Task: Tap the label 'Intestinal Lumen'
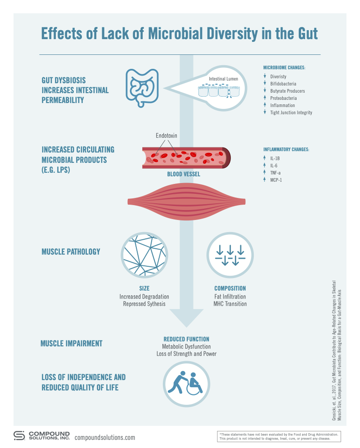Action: pyautogui.click(x=223, y=79)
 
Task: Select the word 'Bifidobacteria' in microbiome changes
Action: pyautogui.click(x=283, y=84)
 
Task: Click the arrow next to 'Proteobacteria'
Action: pyautogui.click(x=265, y=98)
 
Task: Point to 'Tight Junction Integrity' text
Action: pyautogui.click(x=291, y=112)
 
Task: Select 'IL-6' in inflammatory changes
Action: pyautogui.click(x=274, y=166)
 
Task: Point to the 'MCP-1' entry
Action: pyautogui.click(x=277, y=180)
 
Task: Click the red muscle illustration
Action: pyautogui.click(x=187, y=202)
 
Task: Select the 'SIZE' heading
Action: pyautogui.click(x=144, y=288)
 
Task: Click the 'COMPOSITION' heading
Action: pyautogui.click(x=230, y=288)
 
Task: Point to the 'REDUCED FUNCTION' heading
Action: pyautogui.click(x=186, y=339)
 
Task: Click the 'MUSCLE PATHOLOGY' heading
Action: pyautogui.click(x=71, y=251)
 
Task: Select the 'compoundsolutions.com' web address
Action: pyautogui.click(x=104, y=438)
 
